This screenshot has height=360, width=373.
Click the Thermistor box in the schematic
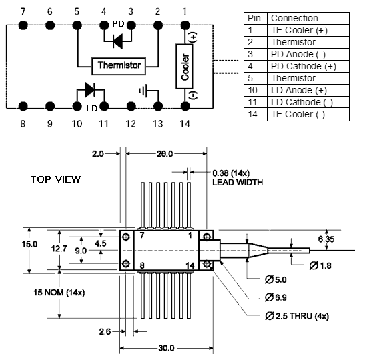point(119,66)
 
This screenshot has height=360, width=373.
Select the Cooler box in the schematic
point(184,66)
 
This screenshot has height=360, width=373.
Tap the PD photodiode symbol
point(117,41)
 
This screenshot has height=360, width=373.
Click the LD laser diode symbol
point(90,90)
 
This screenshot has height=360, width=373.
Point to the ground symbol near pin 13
point(143,91)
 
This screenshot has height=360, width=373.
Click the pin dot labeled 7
point(23,25)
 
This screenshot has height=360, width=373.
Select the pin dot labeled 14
point(185,106)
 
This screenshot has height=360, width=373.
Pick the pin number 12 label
point(131,124)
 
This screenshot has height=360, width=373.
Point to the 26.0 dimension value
point(165,154)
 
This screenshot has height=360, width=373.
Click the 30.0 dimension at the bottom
point(166,348)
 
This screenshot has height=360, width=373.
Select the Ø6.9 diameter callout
point(276,297)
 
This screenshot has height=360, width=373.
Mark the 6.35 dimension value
point(326,239)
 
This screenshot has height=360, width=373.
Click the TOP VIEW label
point(55,179)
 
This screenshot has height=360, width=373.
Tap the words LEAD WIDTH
point(238,182)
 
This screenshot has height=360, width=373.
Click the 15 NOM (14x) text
point(59,292)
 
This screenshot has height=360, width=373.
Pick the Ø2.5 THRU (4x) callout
point(297,316)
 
